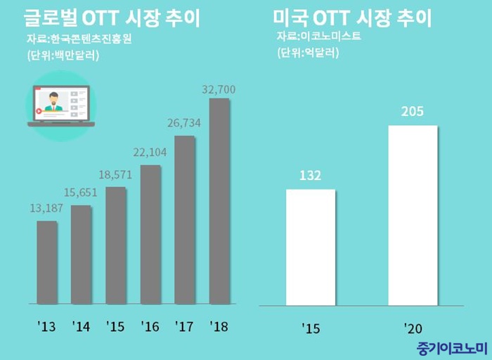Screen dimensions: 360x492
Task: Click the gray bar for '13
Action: point(47,262)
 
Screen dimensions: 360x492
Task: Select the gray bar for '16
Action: point(150,234)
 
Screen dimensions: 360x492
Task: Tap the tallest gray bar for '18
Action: point(219,201)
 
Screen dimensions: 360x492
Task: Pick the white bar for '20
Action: point(413,216)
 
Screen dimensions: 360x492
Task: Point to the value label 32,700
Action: point(219,89)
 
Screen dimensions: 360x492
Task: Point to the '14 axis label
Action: point(81,327)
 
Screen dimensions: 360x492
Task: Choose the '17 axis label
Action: point(184,327)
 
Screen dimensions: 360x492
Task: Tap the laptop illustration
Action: point(60,105)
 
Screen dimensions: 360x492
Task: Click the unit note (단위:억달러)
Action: point(308,53)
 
